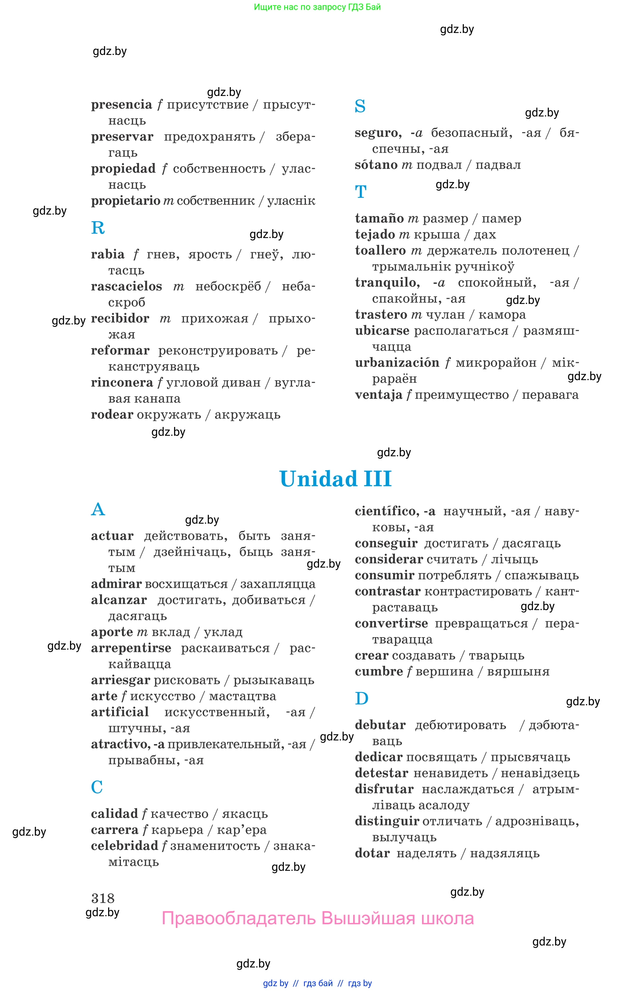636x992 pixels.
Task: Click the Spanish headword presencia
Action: (121, 105)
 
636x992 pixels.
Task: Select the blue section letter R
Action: (98, 228)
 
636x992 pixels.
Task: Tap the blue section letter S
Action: (360, 107)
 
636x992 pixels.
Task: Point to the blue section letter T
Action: (360, 192)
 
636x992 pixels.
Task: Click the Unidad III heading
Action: (335, 479)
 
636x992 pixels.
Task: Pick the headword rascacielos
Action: (126, 286)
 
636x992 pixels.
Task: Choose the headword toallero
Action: (380, 250)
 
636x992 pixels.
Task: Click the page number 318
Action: (103, 898)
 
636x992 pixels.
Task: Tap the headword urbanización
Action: (397, 363)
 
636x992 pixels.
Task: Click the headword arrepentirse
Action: (131, 648)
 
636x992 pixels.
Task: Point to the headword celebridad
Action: (124, 846)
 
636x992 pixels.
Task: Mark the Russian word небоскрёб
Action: (228, 286)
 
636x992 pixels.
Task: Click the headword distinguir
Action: (387, 821)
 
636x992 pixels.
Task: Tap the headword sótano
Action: (376, 165)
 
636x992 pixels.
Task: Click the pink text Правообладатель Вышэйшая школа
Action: (318, 918)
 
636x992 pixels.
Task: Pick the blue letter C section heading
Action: (97, 787)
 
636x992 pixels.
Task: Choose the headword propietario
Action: (126, 201)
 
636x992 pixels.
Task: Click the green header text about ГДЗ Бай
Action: (317, 7)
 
